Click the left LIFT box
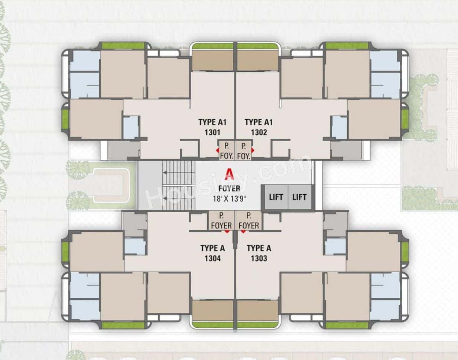tap(276, 197)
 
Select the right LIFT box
tap(299, 197)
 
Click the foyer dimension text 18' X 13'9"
tap(229, 198)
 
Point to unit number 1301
tap(212, 132)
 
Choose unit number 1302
tap(259, 132)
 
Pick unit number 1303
tap(259, 258)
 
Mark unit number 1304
tap(212, 258)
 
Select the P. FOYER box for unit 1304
tap(221, 221)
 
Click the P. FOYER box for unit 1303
tap(249, 221)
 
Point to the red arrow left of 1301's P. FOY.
tap(218, 150)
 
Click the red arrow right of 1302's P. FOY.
tap(253, 150)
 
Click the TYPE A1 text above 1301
tap(212, 122)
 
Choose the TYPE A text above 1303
tap(259, 248)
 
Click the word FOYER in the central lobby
tap(229, 189)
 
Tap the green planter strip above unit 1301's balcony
tap(213, 46)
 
